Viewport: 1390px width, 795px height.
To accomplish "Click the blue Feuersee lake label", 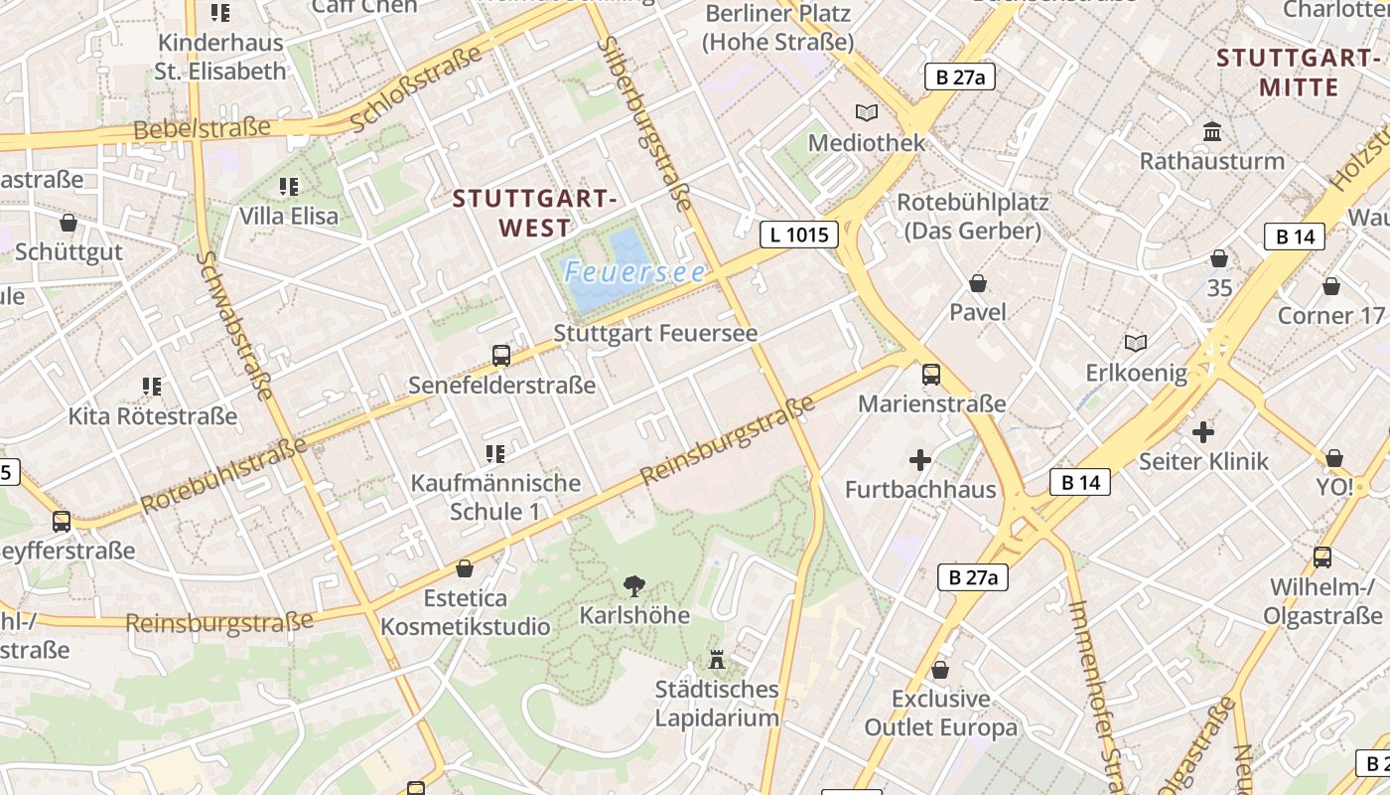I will click(x=635, y=271).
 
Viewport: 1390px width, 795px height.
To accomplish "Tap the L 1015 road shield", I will click(x=799, y=235).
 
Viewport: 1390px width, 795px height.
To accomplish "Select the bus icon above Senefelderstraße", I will click(x=501, y=355).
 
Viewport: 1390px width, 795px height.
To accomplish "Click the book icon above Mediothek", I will click(x=867, y=112).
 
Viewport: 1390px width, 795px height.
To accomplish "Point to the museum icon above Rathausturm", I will click(x=1212, y=131).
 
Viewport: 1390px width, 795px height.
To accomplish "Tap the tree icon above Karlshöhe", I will click(x=632, y=586).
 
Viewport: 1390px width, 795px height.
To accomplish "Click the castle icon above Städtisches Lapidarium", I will click(x=717, y=659).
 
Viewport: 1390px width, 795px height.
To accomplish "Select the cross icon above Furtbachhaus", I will click(x=920, y=460).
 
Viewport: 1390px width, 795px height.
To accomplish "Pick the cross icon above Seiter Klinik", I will click(x=1203, y=432).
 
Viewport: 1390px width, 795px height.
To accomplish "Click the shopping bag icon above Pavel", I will click(x=978, y=283).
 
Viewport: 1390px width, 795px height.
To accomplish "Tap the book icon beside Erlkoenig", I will click(x=1136, y=344).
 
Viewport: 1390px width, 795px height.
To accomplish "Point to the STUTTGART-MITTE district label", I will click(x=1298, y=72).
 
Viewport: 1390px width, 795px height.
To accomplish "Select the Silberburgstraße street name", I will click(x=645, y=124).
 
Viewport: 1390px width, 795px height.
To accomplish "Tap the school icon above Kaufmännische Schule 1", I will click(x=495, y=454).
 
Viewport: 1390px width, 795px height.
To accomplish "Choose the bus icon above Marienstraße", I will click(x=931, y=375).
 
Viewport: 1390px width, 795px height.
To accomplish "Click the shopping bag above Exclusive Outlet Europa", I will click(x=940, y=670).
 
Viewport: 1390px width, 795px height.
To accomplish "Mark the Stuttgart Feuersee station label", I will click(x=655, y=333).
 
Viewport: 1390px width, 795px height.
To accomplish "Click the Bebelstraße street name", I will click(x=202, y=128).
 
